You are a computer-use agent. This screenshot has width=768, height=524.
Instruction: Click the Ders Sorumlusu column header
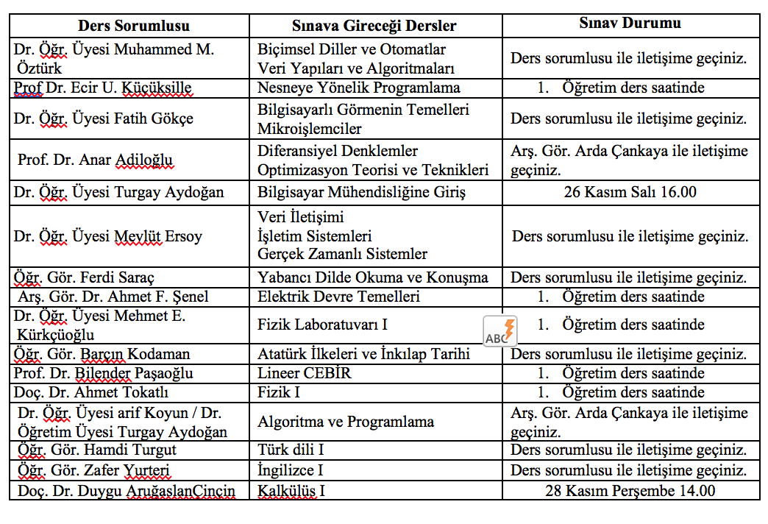(134, 26)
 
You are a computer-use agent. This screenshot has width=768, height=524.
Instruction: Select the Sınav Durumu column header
(630, 23)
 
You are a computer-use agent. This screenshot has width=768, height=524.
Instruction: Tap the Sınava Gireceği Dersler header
(374, 26)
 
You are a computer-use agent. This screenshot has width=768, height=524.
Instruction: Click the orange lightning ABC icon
(500, 331)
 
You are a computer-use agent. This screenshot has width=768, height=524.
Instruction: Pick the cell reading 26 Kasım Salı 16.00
(630, 194)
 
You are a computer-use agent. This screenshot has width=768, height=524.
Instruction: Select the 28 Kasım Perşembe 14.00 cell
(630, 491)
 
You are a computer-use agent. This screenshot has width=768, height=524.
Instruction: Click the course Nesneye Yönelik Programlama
(359, 88)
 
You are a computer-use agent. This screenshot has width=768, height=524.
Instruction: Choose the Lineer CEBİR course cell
(305, 373)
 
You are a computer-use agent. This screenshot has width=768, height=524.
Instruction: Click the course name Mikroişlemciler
(310, 130)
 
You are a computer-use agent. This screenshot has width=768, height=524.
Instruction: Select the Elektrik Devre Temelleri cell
(338, 297)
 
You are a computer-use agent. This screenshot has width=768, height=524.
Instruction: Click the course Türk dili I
(291, 450)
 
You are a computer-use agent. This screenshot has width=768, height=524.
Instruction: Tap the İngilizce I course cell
(291, 470)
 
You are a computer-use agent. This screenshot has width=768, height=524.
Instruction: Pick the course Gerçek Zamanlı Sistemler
(342, 255)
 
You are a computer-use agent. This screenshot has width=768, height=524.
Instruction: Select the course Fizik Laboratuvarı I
(322, 325)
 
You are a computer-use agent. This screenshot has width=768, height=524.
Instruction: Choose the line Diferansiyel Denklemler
(338, 152)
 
